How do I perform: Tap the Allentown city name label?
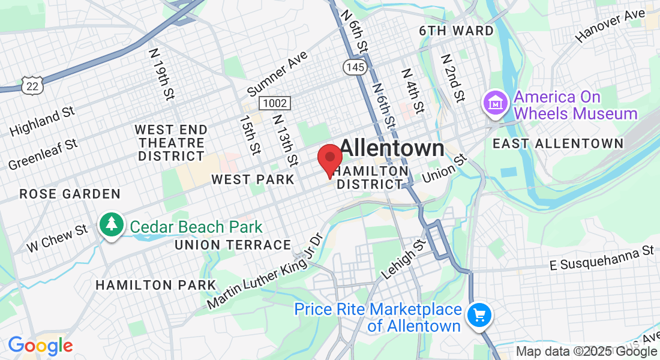[x=392, y=148]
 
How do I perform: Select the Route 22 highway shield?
[x=31, y=86]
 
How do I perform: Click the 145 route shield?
[x=355, y=67]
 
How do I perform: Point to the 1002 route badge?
[x=275, y=103]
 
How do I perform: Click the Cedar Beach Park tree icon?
[x=112, y=226]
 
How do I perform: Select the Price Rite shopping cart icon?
[x=479, y=315]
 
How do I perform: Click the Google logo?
[x=40, y=346]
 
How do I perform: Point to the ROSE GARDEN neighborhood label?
[x=70, y=194]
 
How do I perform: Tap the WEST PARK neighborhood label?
[x=253, y=179]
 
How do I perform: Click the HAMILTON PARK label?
[x=155, y=284]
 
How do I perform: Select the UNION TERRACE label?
[x=233, y=245]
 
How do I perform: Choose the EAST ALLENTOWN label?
[x=558, y=143]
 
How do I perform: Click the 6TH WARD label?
[x=457, y=31]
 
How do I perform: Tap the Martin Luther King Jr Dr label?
[x=265, y=271]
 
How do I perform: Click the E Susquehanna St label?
[x=602, y=259]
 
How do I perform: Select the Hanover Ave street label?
[x=610, y=25]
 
